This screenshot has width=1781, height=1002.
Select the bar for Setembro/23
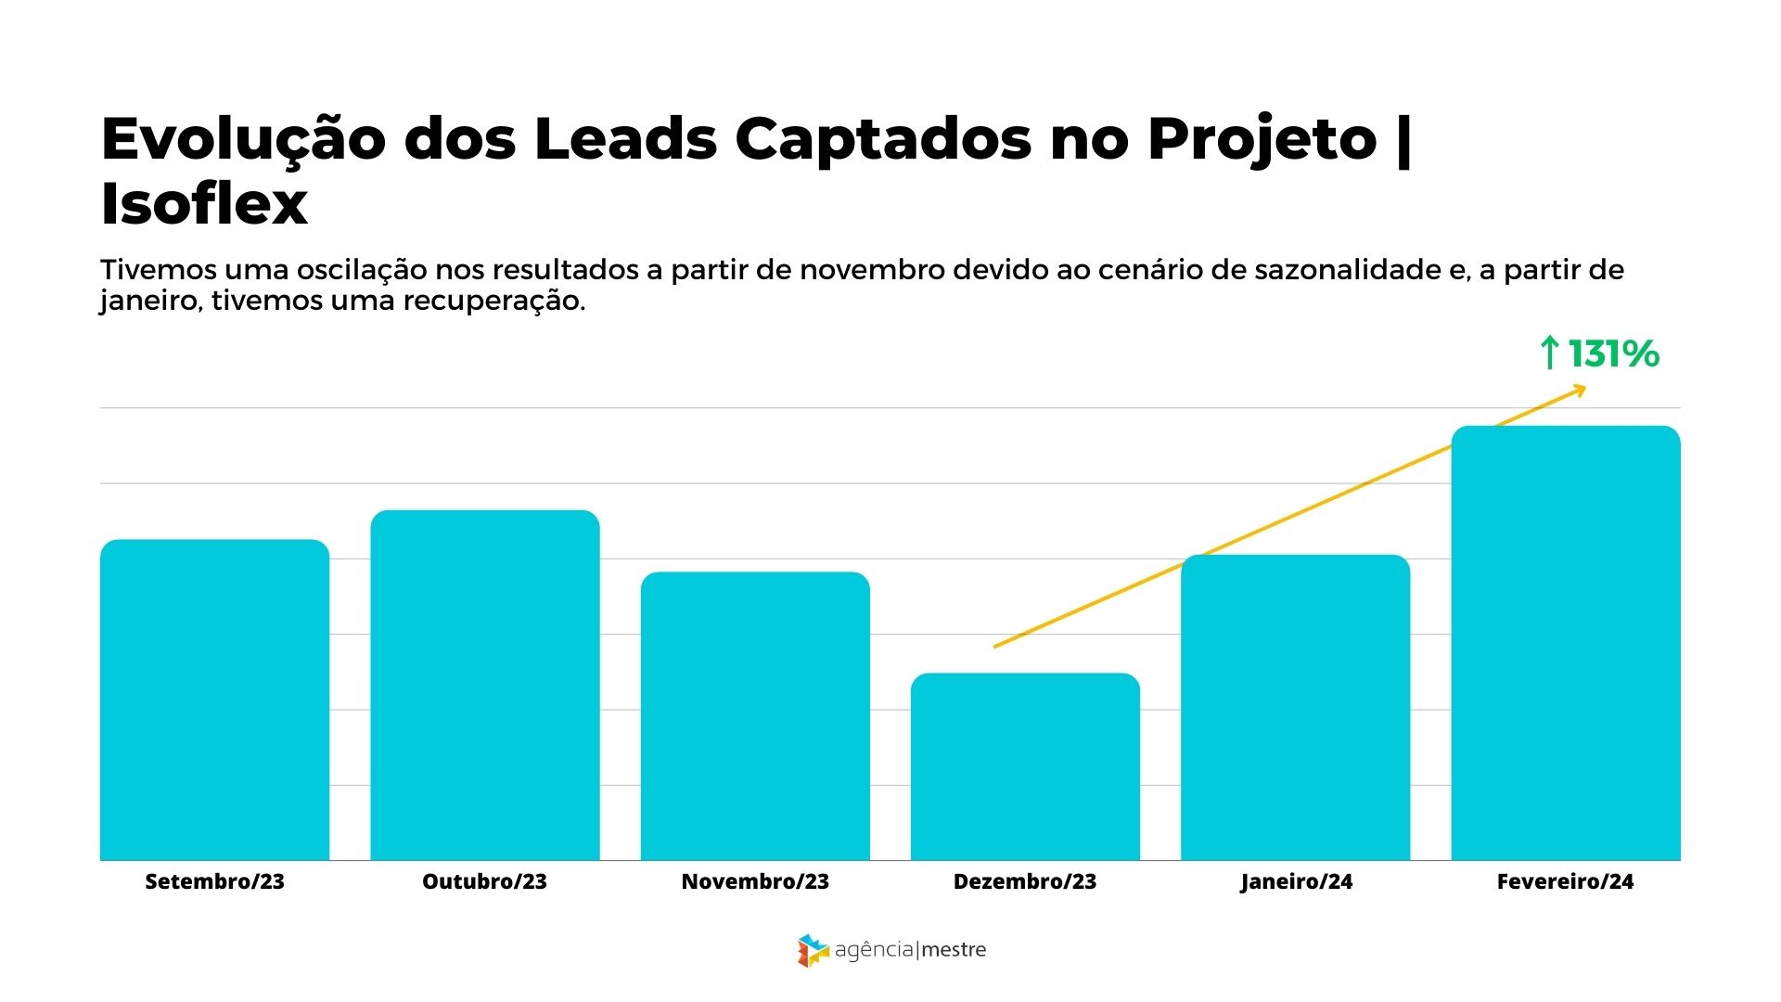click(214, 700)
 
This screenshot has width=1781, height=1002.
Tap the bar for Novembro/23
click(755, 716)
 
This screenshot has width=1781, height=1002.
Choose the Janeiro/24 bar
click(1295, 707)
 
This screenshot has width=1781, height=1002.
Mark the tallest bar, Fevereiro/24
click(1566, 643)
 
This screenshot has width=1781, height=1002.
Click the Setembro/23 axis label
click(214, 881)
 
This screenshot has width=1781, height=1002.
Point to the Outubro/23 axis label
click(485, 881)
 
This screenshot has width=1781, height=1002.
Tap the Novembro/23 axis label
click(755, 881)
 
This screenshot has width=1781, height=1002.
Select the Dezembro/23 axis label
click(1025, 881)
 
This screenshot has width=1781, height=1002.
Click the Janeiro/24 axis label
click(1296, 882)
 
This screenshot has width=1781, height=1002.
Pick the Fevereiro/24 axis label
click(1565, 881)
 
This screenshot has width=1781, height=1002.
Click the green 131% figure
click(1613, 353)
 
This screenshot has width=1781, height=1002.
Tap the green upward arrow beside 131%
click(1549, 353)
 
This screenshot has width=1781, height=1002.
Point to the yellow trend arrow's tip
click(1582, 390)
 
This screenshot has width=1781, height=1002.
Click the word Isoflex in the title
click(204, 204)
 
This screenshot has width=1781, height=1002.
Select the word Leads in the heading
click(625, 139)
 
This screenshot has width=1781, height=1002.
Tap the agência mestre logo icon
click(812, 950)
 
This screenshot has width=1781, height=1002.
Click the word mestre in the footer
click(955, 950)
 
